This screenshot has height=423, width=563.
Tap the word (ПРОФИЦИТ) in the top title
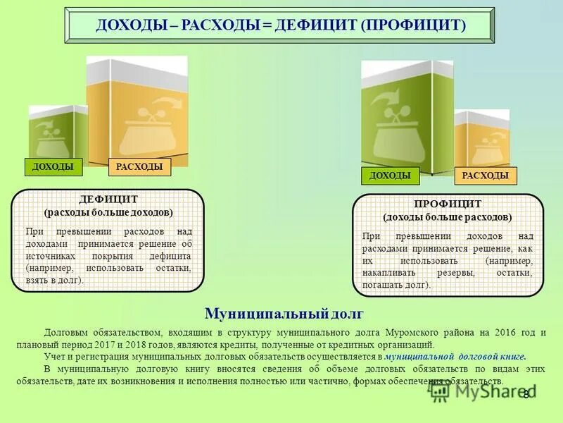414,25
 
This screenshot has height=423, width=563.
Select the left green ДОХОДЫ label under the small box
53,167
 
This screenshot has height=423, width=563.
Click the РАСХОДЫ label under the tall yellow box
139,167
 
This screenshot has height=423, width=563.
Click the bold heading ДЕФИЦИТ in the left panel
108,200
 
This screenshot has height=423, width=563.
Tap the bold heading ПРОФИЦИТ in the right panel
448,204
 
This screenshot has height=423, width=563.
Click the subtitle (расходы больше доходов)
108,211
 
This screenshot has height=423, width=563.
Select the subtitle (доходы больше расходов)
448,217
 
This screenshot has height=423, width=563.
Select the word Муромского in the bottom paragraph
410,332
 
